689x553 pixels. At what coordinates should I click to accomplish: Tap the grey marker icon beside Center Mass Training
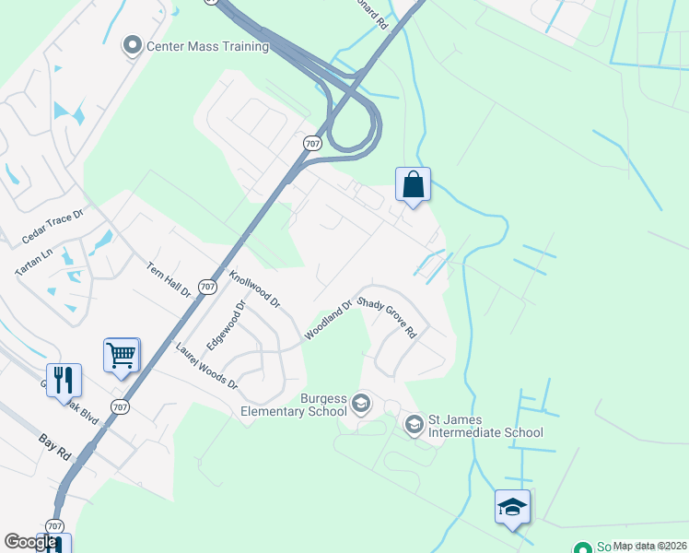(133, 44)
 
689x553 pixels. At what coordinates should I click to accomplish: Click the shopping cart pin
(122, 355)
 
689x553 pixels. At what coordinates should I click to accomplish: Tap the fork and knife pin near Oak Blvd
(64, 379)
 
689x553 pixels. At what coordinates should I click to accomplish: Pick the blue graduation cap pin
(512, 507)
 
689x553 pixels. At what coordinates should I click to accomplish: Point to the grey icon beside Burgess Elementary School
(361, 403)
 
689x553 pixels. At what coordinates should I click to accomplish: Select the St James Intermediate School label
(486, 426)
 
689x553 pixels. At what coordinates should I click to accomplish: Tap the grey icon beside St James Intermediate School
(414, 424)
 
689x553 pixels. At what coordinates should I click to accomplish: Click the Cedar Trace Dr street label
(52, 228)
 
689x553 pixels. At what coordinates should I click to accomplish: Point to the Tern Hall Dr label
(168, 279)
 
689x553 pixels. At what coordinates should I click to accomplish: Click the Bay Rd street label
(57, 449)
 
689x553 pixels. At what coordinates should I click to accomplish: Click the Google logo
(29, 542)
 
